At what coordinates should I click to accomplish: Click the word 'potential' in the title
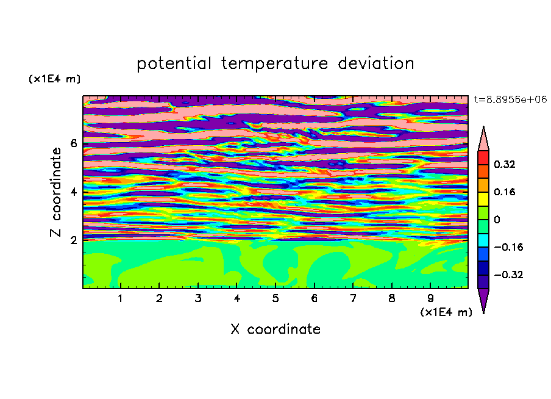point(174,63)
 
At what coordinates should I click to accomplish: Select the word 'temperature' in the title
point(274,63)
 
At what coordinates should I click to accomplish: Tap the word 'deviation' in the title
point(376,63)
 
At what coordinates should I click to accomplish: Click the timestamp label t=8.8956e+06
point(510,99)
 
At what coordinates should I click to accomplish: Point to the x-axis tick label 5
point(275,298)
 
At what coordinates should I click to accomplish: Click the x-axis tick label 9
point(430,298)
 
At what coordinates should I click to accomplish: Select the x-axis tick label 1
point(120,298)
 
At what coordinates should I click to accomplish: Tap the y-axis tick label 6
point(73,143)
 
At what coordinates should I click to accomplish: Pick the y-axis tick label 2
point(73,240)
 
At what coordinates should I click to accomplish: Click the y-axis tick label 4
point(73,192)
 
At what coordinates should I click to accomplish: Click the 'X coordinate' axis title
point(275,329)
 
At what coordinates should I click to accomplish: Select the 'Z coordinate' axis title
point(55,192)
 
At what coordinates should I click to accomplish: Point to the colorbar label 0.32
point(504,164)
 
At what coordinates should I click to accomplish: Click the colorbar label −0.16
point(508,247)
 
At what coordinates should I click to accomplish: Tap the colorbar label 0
point(497,220)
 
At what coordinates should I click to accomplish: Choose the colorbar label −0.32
point(508,275)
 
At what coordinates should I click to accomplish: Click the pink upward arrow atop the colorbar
point(483,139)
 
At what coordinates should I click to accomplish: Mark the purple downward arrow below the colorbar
point(483,300)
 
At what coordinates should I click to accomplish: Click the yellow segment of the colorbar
point(483,199)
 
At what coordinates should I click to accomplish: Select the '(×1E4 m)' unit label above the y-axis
point(54,79)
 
